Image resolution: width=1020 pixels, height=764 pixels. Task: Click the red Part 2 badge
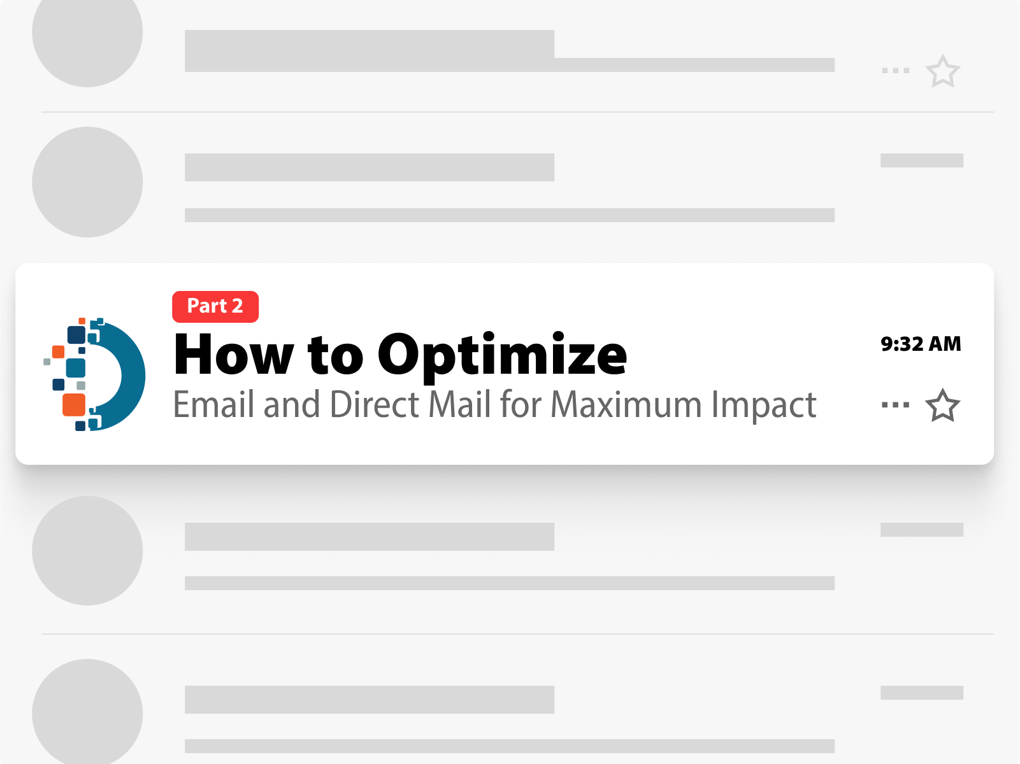click(x=215, y=306)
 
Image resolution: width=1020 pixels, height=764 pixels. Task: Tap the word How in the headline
click(x=234, y=354)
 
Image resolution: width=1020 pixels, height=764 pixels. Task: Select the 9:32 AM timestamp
click(x=921, y=344)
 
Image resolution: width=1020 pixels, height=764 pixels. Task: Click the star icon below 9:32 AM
click(x=942, y=406)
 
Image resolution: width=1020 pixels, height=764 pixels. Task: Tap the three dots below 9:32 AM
click(x=896, y=405)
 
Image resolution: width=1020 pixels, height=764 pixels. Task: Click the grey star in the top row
click(x=942, y=71)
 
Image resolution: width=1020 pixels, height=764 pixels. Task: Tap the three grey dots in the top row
click(x=896, y=71)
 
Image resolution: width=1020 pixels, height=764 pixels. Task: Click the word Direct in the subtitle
click(x=375, y=404)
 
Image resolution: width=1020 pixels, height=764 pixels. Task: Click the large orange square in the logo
click(x=74, y=405)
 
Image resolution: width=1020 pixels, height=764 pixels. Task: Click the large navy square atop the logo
click(x=76, y=335)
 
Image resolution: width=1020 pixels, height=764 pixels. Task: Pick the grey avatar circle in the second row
click(x=87, y=182)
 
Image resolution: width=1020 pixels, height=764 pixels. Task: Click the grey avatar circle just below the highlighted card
click(x=87, y=551)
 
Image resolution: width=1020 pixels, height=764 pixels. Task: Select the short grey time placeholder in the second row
click(x=922, y=160)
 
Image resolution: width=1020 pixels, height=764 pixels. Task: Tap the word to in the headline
click(x=336, y=357)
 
